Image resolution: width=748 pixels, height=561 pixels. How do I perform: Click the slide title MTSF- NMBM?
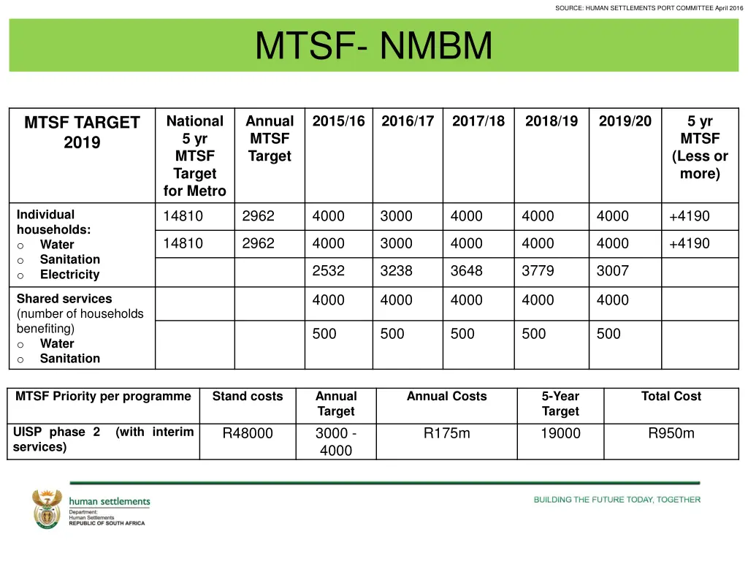point(373,46)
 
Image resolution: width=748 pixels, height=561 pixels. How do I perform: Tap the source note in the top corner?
point(649,8)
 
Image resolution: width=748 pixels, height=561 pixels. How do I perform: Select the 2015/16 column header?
point(338,121)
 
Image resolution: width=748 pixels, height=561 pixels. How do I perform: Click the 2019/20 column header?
point(625,121)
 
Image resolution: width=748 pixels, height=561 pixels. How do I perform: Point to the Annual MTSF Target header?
point(270,139)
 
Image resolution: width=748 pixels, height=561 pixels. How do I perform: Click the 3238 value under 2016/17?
point(396,271)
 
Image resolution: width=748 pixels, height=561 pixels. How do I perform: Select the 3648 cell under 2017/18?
point(466,271)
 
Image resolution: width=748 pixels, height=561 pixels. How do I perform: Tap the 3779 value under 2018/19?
point(538,271)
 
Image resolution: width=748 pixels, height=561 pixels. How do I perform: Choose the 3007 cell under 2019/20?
point(612,271)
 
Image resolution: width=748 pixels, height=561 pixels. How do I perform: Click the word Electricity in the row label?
point(69,275)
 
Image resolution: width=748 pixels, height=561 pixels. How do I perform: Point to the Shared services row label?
point(64,299)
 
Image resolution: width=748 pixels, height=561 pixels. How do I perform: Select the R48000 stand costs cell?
point(248,433)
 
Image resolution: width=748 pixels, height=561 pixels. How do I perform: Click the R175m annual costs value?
point(446,433)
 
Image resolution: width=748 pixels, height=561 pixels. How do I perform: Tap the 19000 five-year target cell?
point(560,433)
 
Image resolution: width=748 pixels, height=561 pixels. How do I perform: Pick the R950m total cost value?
point(671,433)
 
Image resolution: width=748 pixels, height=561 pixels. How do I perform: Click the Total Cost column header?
point(671,397)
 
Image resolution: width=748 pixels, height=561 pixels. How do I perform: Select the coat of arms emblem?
point(47,508)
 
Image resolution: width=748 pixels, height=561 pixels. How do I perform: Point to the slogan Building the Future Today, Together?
point(617,500)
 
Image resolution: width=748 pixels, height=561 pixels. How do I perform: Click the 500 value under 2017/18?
point(462,334)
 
